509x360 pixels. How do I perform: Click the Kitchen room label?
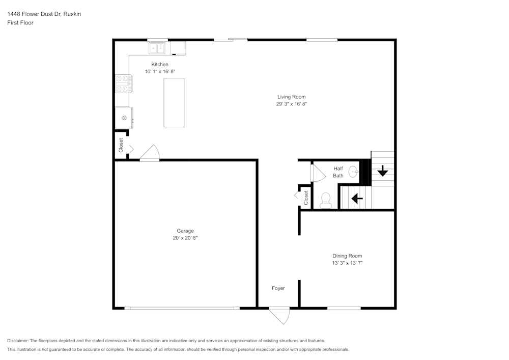pos(159,64)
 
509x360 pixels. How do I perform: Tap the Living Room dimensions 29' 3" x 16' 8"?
pos(291,104)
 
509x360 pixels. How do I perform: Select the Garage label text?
pos(185,231)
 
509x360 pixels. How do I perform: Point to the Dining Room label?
pos(347,256)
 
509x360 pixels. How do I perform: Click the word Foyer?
pos(278,288)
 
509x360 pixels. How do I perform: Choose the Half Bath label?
pos(338,172)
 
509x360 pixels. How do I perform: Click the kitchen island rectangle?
pos(174,102)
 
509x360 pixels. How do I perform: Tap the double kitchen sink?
pos(157,48)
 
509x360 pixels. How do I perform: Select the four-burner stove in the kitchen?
pos(124,84)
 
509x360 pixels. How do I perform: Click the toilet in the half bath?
pos(326,200)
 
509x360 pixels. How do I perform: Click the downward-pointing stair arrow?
pos(382,171)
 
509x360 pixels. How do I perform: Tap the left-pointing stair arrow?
pos(357,198)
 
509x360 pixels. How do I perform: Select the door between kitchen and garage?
pos(150,154)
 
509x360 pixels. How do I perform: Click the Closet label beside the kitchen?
pos(121,145)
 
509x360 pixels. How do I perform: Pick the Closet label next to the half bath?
pos(306,198)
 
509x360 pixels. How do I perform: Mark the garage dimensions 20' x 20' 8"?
pos(185,238)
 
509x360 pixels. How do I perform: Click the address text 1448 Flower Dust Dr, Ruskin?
pos(44,14)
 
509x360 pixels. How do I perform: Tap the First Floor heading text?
pos(20,23)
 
